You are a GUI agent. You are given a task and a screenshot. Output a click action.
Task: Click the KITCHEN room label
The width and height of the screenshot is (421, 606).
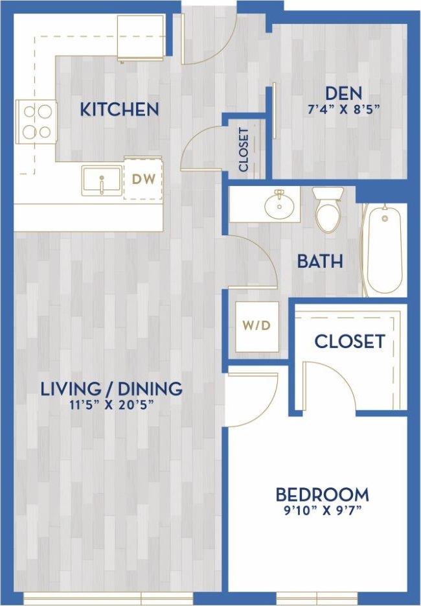click(119, 109)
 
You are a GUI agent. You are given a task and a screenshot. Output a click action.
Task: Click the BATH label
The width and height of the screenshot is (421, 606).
click(319, 262)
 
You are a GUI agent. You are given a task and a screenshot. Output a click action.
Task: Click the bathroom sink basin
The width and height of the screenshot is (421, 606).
click(280, 205)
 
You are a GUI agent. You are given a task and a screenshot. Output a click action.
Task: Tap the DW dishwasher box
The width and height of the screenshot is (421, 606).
click(143, 180)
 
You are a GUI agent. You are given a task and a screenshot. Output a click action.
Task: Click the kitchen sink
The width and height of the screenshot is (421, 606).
click(101, 180)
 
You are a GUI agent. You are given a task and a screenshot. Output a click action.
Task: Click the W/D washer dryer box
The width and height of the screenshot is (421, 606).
click(257, 325)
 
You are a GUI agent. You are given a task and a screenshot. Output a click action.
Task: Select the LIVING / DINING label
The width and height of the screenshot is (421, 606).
click(111, 389)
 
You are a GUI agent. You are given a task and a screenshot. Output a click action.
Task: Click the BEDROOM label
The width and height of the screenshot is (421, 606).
click(322, 495)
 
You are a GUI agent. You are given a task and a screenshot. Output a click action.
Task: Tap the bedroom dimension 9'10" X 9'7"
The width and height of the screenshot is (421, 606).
click(322, 510)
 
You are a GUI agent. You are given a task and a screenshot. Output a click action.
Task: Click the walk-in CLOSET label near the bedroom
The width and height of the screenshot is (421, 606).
click(350, 341)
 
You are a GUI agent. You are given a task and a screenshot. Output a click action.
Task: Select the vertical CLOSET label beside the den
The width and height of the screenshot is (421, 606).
click(244, 150)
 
